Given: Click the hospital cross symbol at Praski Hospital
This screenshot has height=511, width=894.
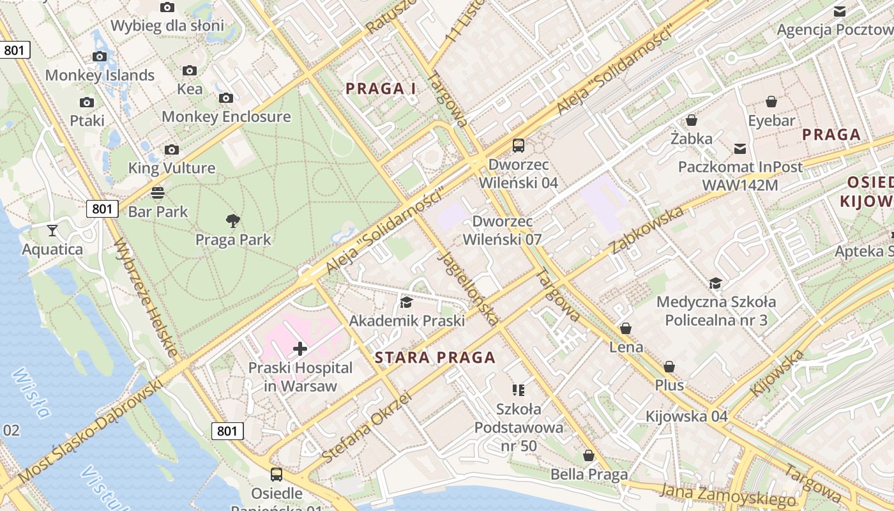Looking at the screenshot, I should (300, 349).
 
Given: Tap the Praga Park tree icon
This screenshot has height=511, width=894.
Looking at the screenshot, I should (233, 221).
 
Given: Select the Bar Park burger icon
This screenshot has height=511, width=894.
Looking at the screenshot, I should (158, 192).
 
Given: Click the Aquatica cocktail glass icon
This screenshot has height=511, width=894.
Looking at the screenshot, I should (52, 230).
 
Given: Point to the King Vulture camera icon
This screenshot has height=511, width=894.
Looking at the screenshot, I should (171, 149).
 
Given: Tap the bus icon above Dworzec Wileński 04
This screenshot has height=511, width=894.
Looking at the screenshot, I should (518, 146).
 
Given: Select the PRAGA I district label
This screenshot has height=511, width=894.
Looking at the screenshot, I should (381, 89).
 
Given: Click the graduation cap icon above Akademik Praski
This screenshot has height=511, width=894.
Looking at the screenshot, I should (406, 301).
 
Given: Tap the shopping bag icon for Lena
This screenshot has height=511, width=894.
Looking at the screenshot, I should (626, 328).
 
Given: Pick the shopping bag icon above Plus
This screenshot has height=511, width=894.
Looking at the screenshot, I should (669, 367).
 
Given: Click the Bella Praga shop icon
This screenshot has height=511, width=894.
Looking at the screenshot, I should (589, 455).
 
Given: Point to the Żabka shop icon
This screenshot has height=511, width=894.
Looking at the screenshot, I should (691, 120).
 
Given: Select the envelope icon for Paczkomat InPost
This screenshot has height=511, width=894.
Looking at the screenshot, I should (740, 149).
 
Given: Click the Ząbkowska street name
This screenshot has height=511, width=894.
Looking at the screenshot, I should (647, 229).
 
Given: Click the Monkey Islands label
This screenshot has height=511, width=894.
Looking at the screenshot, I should (100, 75).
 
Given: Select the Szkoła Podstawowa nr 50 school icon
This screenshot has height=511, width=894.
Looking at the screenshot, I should (519, 390).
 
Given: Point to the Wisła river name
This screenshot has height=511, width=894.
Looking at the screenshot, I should (31, 392).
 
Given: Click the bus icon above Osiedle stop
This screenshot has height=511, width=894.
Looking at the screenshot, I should (277, 475).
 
